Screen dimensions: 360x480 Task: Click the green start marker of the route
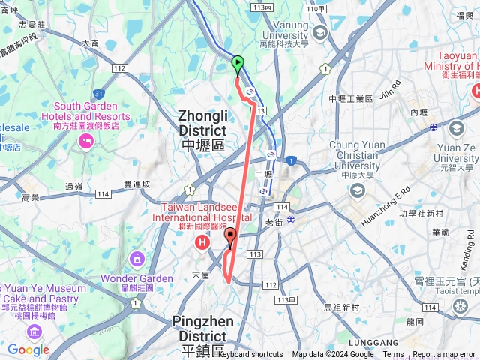click(x=238, y=64)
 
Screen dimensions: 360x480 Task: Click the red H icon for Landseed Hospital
click(x=201, y=243)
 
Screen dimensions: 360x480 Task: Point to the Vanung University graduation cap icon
click(x=320, y=32)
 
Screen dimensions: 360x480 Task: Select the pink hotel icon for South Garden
click(x=85, y=142)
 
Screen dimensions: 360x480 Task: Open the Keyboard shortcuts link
click(x=250, y=355)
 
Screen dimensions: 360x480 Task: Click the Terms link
click(x=393, y=355)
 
